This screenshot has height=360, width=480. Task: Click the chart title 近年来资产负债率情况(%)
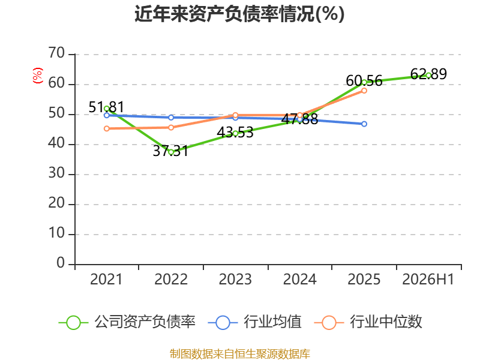click(x=239, y=14)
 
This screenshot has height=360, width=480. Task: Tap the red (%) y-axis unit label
click(x=38, y=76)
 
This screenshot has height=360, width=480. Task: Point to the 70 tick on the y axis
click(x=56, y=53)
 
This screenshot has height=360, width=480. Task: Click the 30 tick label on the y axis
click(x=56, y=173)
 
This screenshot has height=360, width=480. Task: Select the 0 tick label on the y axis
click(x=61, y=263)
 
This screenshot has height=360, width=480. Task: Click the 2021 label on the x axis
click(x=106, y=280)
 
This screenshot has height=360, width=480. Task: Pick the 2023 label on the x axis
click(x=235, y=280)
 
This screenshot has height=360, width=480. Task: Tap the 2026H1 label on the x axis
click(x=428, y=280)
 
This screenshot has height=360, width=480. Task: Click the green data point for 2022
click(x=171, y=152)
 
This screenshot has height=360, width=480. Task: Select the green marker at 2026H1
click(x=428, y=76)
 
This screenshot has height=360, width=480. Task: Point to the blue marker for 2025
click(x=364, y=124)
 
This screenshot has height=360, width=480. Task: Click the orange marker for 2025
click(x=364, y=91)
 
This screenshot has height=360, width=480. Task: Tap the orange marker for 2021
click(x=107, y=128)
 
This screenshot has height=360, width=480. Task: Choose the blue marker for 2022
click(x=171, y=118)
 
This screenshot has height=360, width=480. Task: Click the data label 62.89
click(x=428, y=74)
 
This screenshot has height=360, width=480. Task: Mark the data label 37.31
click(x=170, y=151)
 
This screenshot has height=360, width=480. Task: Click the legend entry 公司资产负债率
click(x=127, y=322)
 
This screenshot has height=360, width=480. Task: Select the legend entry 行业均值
click(x=254, y=322)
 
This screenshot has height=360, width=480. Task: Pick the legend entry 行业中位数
click(x=368, y=322)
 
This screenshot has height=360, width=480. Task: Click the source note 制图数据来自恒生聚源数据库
click(x=239, y=354)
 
